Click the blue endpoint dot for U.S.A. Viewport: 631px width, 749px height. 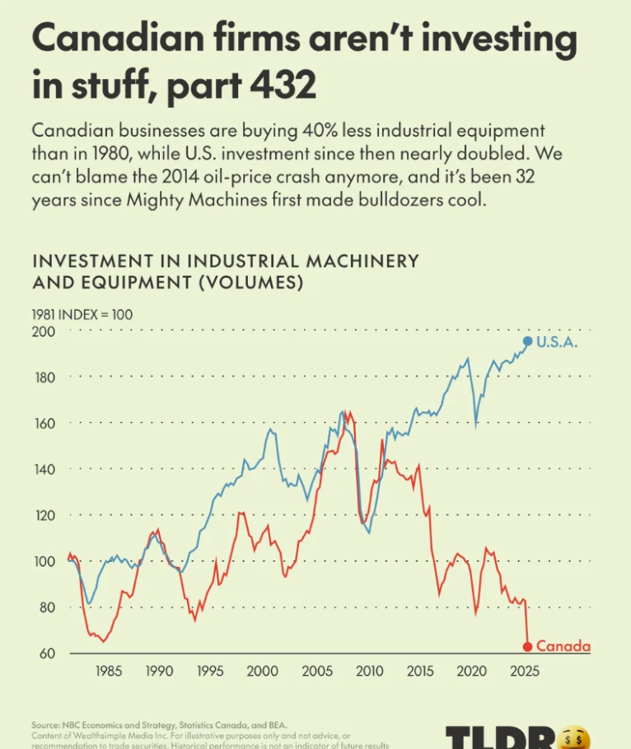pyautogui.click(x=528, y=341)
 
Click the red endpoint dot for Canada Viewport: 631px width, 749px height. pyautogui.click(x=528, y=646)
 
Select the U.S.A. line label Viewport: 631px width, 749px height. pyautogui.click(x=557, y=342)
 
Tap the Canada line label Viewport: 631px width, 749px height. pyautogui.click(x=563, y=647)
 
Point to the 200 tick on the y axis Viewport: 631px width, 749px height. pyautogui.click(x=43, y=332)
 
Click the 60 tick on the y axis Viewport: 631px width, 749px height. pyautogui.click(x=45, y=654)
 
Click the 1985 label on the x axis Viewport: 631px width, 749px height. pyautogui.click(x=108, y=672)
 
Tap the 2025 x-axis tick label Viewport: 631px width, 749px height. pyautogui.click(x=523, y=672)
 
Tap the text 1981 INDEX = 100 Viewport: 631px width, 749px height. pyautogui.click(x=82, y=314)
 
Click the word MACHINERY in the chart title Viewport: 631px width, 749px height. pyautogui.click(x=357, y=261)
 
